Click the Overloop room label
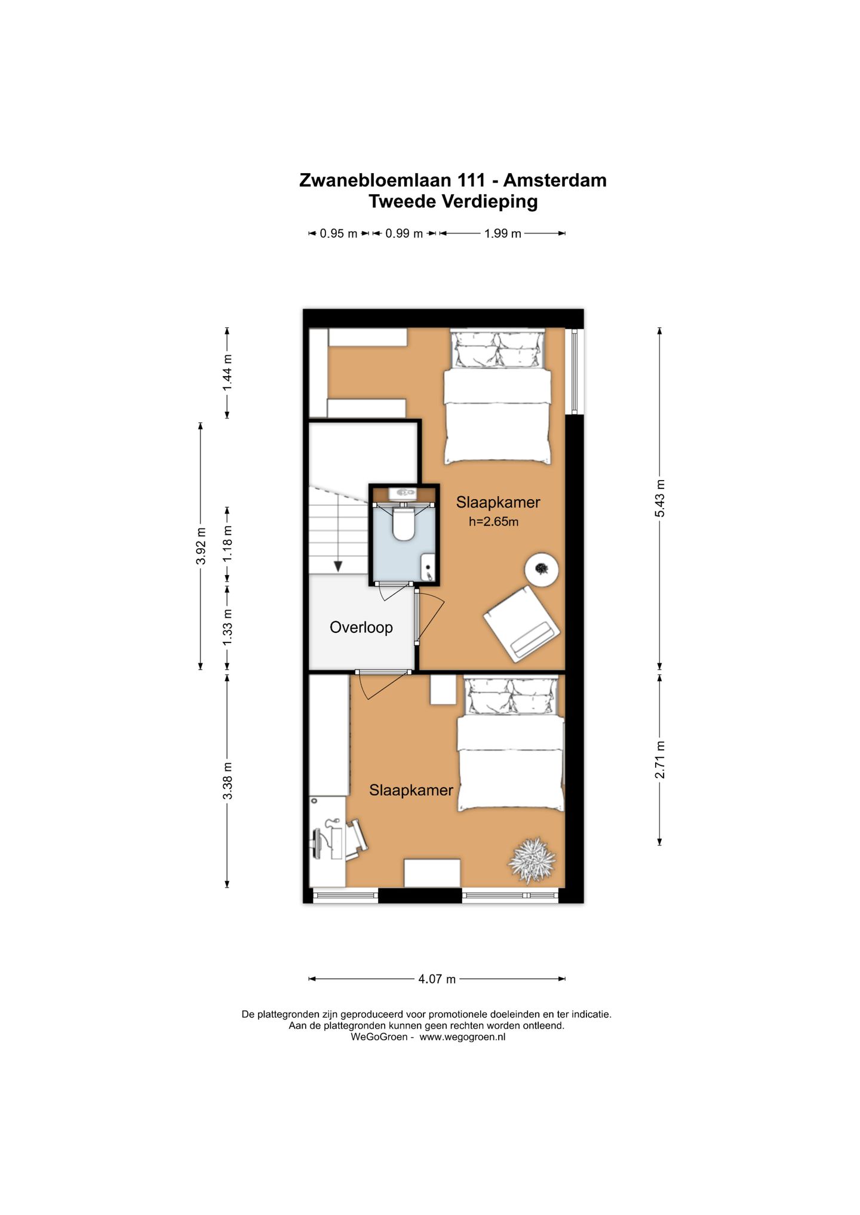[x=361, y=628]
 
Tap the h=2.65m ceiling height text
[x=493, y=522]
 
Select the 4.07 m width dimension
[x=437, y=979]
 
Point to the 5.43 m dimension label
[x=660, y=499]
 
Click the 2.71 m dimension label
[x=660, y=759]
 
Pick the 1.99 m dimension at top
[x=503, y=233]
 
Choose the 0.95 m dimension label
[x=339, y=233]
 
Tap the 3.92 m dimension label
[x=201, y=546]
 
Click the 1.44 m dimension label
[x=228, y=373]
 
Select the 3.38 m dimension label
[x=228, y=781]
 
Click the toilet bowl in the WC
[x=403, y=524]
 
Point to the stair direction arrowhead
[x=338, y=567]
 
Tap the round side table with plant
[x=542, y=570]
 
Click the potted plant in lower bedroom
[x=532, y=860]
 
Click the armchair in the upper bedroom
[x=521, y=623]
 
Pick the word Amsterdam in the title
[x=555, y=180]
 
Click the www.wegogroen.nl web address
[x=462, y=1037]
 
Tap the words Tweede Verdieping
[x=453, y=202]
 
